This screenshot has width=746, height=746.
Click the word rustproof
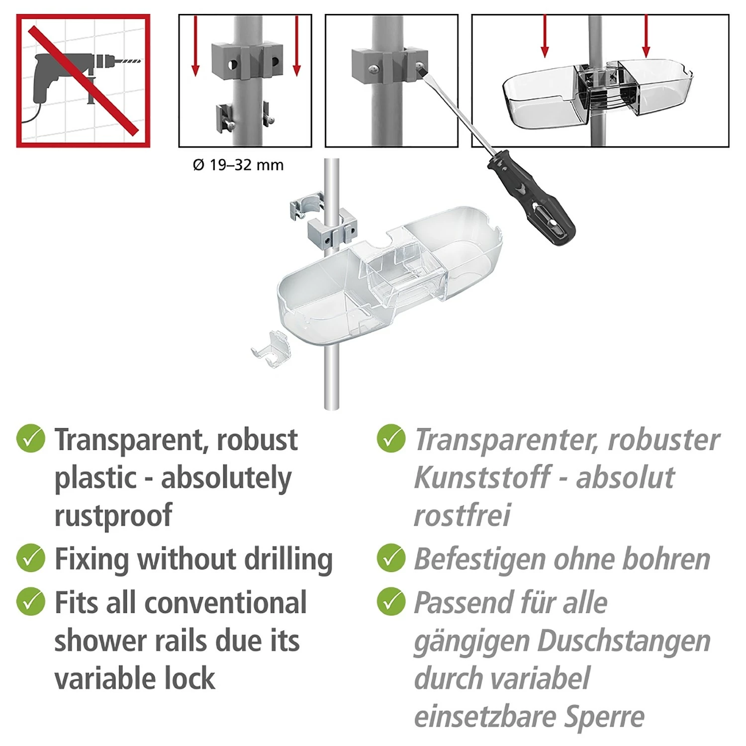point(113,515)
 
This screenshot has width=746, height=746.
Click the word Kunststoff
point(482,478)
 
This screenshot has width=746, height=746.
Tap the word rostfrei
point(462,515)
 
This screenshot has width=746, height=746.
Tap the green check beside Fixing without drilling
point(31,558)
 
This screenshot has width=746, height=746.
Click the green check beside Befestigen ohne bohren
point(391,558)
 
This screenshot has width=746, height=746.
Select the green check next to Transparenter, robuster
point(391,439)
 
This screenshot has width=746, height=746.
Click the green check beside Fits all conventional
point(31,601)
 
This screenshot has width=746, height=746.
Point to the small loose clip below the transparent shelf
point(271,350)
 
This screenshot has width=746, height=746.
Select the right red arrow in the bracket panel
point(297,46)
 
